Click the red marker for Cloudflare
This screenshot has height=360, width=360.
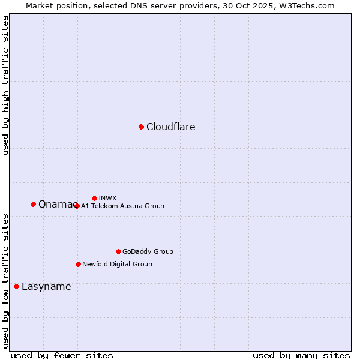click(141, 127)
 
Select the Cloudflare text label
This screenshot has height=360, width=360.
click(170, 127)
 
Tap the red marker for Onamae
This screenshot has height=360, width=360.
click(33, 204)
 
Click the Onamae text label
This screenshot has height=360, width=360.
click(55, 205)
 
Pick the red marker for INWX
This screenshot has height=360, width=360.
click(94, 198)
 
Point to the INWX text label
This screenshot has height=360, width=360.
click(107, 198)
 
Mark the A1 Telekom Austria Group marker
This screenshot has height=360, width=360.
click(77, 206)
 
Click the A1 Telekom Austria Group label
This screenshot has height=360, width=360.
click(122, 206)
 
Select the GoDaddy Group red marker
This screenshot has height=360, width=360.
click(118, 251)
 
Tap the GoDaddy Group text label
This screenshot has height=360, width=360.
click(148, 251)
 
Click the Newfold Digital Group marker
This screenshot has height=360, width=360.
click(78, 264)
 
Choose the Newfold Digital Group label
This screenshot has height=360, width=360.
click(117, 264)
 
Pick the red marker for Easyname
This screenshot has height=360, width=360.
click(16, 286)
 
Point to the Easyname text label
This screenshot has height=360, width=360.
click(46, 286)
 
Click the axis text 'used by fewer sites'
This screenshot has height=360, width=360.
click(62, 355)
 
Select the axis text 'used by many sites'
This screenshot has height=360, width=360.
click(301, 355)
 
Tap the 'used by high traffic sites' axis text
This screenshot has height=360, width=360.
click(5, 85)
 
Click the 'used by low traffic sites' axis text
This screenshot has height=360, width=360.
click(5, 281)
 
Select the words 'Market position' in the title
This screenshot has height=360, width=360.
click(56, 5)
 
